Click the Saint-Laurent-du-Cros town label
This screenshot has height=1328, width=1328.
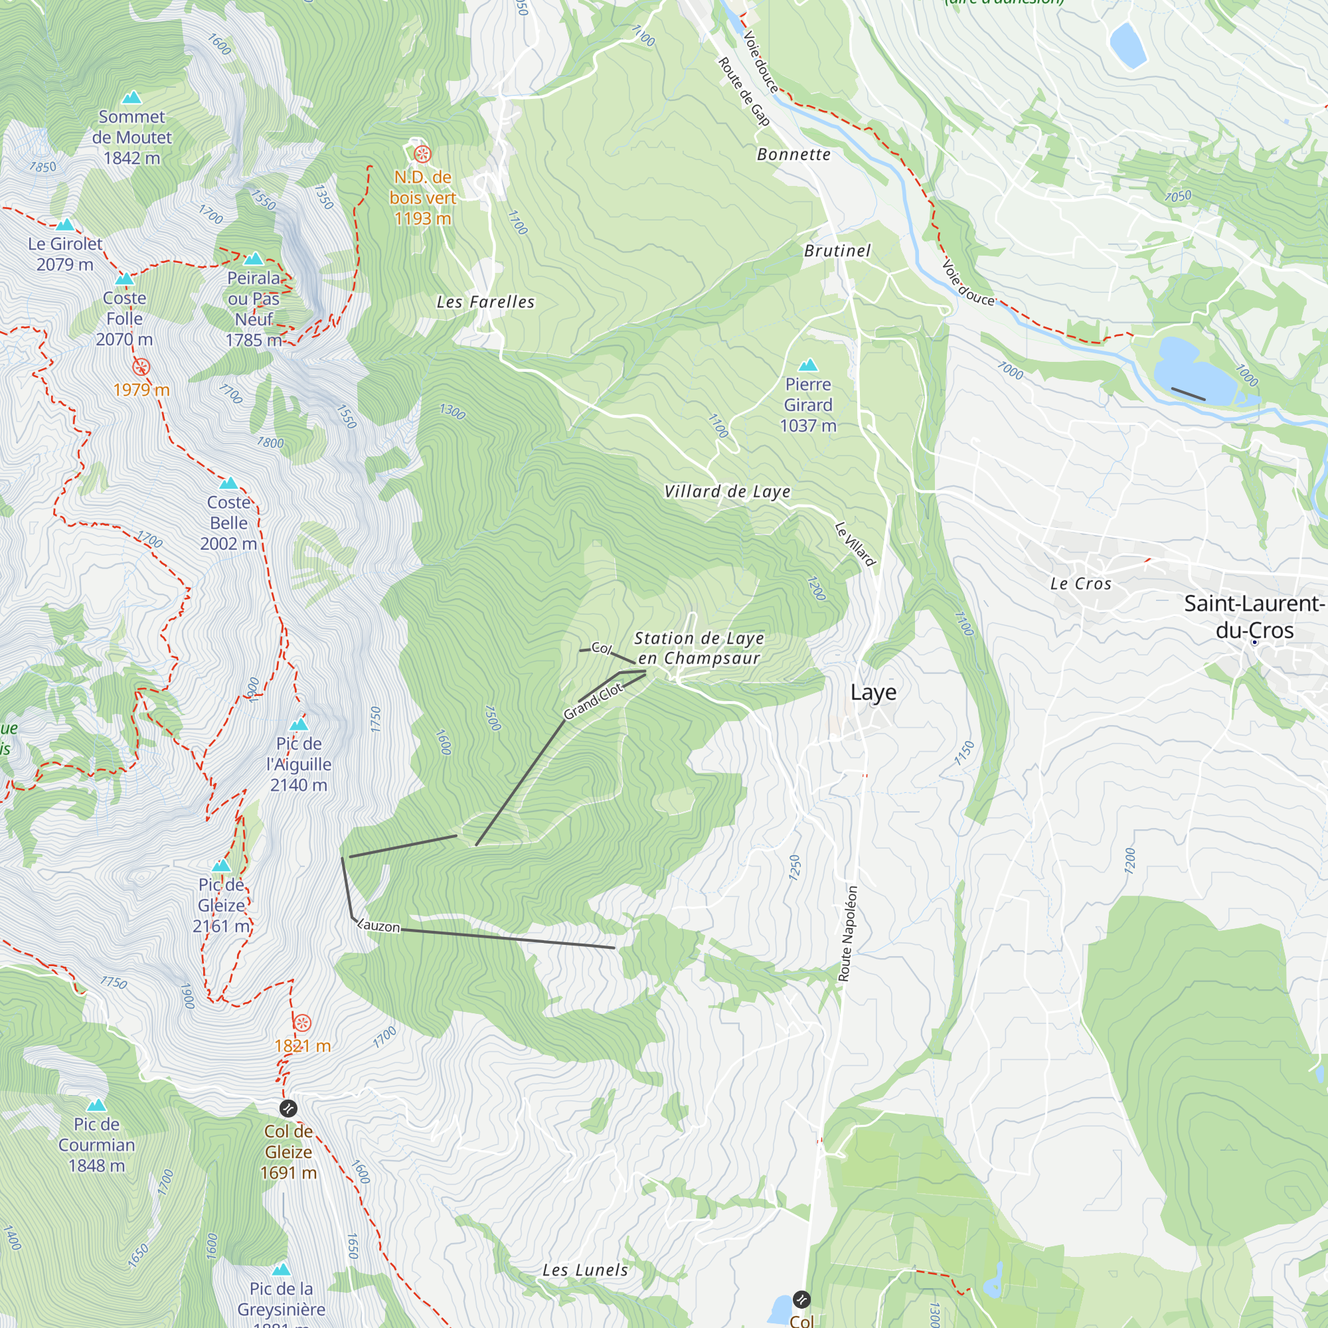(x=1254, y=617)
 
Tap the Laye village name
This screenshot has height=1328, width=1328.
(x=873, y=692)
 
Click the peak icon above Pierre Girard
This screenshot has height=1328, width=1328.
(x=808, y=365)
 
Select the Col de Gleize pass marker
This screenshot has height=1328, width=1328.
(x=288, y=1108)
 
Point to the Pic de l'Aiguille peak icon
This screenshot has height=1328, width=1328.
(x=299, y=724)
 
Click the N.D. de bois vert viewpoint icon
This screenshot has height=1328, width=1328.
(x=422, y=153)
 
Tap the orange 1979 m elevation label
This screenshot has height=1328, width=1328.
(x=141, y=390)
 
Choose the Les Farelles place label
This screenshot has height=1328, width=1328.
(x=485, y=301)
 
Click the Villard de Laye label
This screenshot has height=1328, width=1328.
(x=727, y=491)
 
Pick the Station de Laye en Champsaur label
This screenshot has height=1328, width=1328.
(x=699, y=648)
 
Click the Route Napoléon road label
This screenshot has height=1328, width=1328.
(x=847, y=934)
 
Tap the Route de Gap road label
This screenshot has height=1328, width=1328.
(x=743, y=92)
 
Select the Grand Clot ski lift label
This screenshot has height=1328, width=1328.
(x=592, y=702)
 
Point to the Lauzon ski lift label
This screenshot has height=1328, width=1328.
(x=378, y=925)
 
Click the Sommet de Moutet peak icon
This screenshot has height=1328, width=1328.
(x=131, y=97)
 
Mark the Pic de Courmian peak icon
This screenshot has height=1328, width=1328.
(x=96, y=1106)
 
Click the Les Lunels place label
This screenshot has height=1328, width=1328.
(x=585, y=1270)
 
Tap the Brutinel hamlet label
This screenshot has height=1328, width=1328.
(x=837, y=251)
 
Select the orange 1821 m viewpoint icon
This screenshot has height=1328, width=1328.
(x=302, y=1023)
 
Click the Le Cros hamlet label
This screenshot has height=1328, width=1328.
(x=1080, y=584)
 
